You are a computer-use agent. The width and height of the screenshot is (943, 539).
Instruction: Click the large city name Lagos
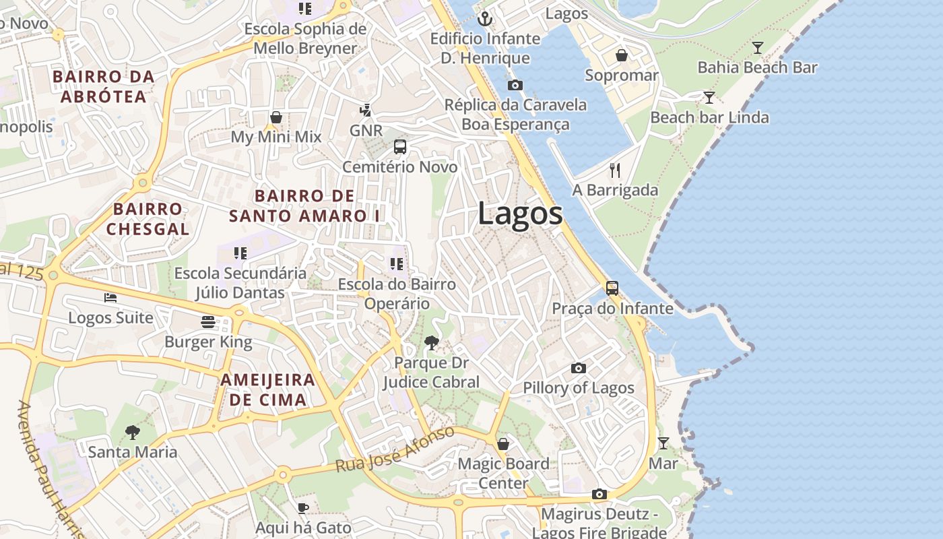coord(520,214)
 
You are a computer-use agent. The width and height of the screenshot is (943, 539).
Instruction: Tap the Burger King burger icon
coord(208,322)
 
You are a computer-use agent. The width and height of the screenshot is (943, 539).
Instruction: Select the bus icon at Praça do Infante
coord(612,288)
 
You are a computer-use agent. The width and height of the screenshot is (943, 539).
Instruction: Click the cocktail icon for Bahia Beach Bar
coord(758,48)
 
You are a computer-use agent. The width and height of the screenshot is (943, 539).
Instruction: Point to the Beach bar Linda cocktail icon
coord(709,98)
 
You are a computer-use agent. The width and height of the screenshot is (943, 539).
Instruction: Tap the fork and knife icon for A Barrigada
coord(614,170)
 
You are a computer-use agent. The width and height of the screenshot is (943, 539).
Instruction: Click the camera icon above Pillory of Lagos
coord(578,368)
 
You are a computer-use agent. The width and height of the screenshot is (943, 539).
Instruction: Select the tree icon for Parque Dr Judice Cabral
coord(431,343)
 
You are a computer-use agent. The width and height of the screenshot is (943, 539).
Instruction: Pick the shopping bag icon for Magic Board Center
coord(503,444)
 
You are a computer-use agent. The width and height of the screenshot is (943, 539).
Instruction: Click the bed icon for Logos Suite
coord(110,297)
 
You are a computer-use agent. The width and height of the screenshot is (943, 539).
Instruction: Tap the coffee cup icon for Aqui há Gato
coord(303,508)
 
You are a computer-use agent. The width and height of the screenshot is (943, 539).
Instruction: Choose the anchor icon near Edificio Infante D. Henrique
coord(485,19)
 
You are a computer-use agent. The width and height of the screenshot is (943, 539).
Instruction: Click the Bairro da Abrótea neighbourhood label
coord(104,86)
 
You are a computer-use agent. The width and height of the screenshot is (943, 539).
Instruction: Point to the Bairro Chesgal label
coord(148,219)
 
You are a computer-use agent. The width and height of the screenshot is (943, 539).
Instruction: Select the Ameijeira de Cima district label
coord(267,389)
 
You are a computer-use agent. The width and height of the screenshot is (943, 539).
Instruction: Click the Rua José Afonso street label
coord(395,449)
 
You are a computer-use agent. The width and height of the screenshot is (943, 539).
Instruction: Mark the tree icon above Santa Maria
coord(133,432)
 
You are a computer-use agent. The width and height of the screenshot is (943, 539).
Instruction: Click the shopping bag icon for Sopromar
coord(622,55)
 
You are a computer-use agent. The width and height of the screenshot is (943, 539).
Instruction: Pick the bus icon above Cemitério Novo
coord(400,147)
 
